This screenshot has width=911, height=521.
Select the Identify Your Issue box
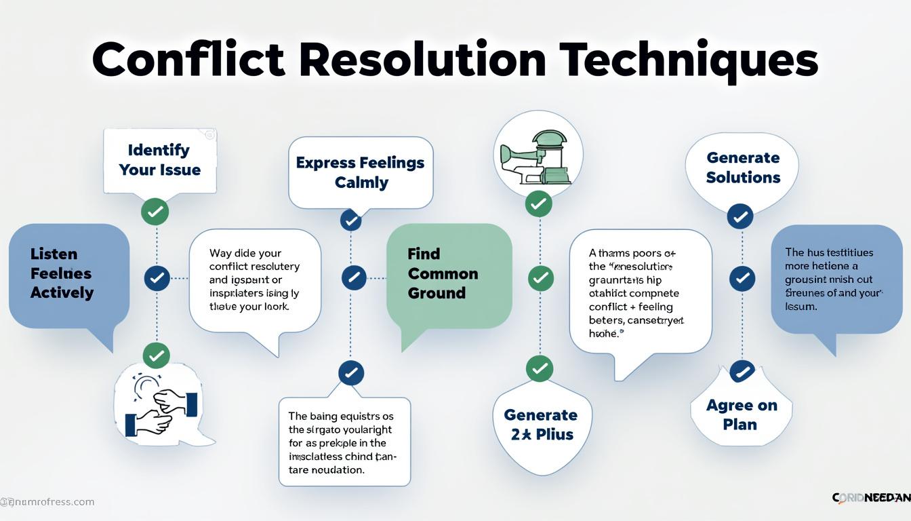coord(160,160)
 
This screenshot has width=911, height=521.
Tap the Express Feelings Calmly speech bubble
coord(361,172)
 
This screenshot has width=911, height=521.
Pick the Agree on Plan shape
coord(741,414)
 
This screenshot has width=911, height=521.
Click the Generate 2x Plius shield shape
coord(540,425)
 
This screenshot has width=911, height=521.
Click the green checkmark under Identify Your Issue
coord(155,212)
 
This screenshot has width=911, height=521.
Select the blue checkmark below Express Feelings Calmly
coord(350,220)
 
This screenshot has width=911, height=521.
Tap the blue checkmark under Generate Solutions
coord(740,217)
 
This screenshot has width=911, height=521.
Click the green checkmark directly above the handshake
coord(157,355)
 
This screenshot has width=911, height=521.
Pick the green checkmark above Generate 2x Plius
coord(540,368)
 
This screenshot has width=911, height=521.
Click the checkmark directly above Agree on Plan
coord(742,372)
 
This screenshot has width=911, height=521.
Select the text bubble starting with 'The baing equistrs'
coord(344,442)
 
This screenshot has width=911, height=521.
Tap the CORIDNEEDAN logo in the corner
coord(870,498)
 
